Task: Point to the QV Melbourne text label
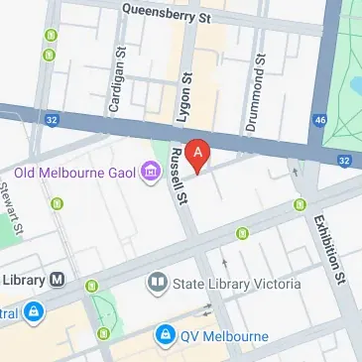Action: [x=224, y=336]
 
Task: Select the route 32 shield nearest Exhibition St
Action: [x=343, y=160]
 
